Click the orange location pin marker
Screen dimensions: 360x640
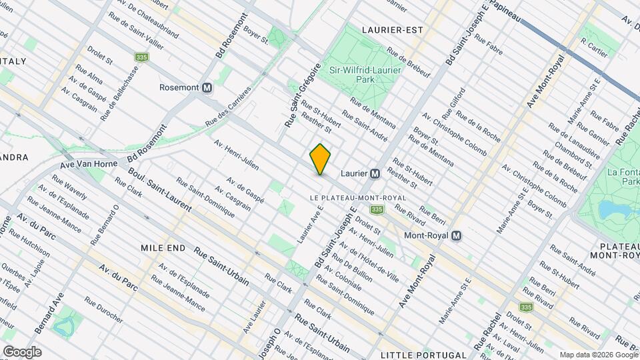pos(321,159)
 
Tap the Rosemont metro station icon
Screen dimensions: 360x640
pos(207,87)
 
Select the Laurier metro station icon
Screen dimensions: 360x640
pos(375,173)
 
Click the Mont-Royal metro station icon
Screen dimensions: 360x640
pos(457,236)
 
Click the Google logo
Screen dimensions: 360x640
pos(22,352)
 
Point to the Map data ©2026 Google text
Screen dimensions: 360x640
pos(597,354)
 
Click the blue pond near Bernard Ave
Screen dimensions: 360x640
pos(64,327)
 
